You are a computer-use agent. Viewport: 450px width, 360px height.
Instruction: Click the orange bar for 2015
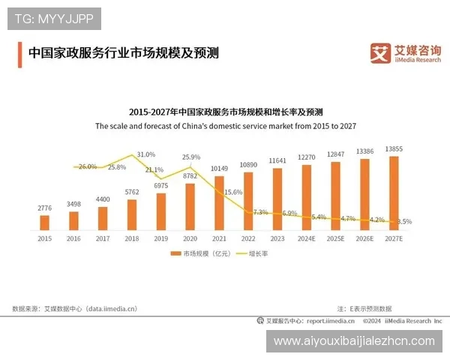[x=44, y=222]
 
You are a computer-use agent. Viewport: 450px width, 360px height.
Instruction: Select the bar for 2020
[x=190, y=205]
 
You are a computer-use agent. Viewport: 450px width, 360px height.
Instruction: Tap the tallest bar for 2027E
[x=394, y=192]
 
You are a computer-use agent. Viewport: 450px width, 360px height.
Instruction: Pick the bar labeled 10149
[x=219, y=201]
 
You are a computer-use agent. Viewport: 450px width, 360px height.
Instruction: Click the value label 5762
[x=132, y=192]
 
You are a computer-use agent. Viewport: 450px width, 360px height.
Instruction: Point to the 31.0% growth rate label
[x=146, y=154]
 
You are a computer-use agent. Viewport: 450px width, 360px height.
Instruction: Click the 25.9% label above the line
[x=191, y=157]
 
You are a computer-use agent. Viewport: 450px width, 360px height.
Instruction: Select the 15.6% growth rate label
[x=233, y=192]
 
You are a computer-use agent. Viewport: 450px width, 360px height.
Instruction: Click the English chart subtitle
[x=225, y=127]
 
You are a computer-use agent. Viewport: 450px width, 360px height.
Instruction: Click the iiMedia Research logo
[x=405, y=53]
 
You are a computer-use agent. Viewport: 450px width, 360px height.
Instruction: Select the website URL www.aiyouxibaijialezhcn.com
[x=354, y=341]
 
